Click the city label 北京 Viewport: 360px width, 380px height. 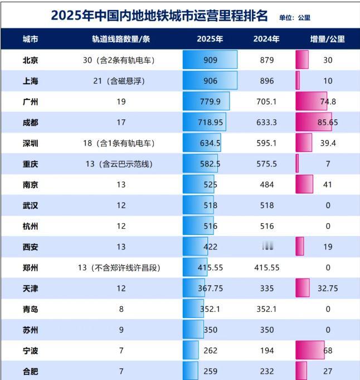point(31,60)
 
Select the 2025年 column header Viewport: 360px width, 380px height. point(210,40)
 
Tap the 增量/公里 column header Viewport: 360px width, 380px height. point(327,40)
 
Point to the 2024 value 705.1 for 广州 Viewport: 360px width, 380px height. point(267,102)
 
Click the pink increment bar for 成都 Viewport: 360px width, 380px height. point(313,122)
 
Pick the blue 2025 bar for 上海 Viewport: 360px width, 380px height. point(210,81)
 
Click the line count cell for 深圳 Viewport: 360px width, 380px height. point(119,143)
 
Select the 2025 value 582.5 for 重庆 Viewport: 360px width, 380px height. point(210,163)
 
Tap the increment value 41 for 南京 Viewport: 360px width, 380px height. point(328,184)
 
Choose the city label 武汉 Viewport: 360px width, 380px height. point(31,205)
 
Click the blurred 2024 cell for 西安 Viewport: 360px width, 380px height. point(267,246)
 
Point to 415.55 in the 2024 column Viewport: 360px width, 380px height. point(267,267)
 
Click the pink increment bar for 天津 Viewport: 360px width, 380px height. point(303,288)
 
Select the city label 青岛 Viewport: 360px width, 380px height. point(31,309)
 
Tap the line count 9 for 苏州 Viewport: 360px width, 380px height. point(121,330)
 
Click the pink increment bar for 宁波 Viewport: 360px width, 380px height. point(310,350)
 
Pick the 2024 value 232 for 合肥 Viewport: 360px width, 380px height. point(267,371)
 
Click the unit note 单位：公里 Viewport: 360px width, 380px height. point(295,17)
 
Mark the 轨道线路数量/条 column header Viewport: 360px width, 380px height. point(121,40)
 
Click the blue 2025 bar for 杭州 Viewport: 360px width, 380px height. point(196,225)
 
